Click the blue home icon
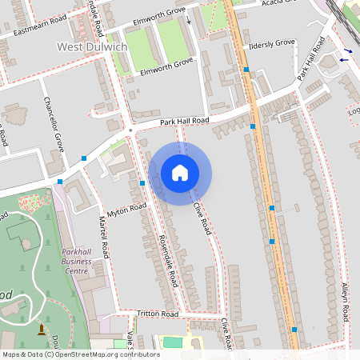[x=180, y=172]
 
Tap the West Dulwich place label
[x=92, y=47]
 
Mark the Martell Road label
[x=102, y=230]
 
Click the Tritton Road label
[x=157, y=314]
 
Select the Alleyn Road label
[x=345, y=302]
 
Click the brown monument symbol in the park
[x=42, y=329]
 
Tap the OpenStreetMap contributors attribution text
[x=80, y=354]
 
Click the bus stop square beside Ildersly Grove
[x=246, y=70]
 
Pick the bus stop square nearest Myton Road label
[x=142, y=183]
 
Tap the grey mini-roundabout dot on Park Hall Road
[x=130, y=128]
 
